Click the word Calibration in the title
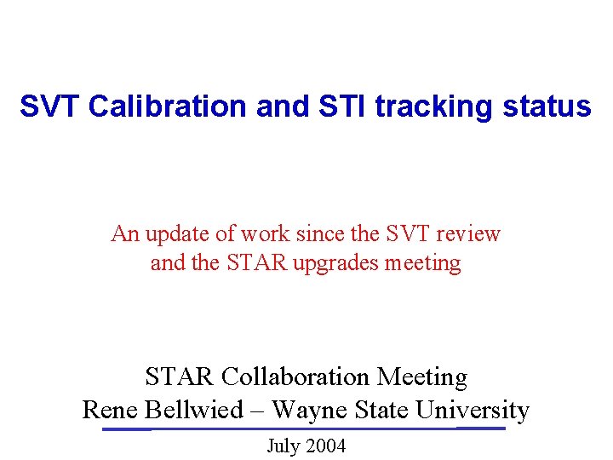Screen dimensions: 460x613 click(x=158, y=107)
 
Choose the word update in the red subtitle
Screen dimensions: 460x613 click(x=176, y=233)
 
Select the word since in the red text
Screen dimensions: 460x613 click(x=320, y=233)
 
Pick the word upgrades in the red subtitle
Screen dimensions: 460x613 click(x=336, y=262)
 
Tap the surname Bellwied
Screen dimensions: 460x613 click(x=194, y=410)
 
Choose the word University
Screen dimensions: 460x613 click(x=472, y=410)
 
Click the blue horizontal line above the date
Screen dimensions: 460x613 click(x=304, y=428)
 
